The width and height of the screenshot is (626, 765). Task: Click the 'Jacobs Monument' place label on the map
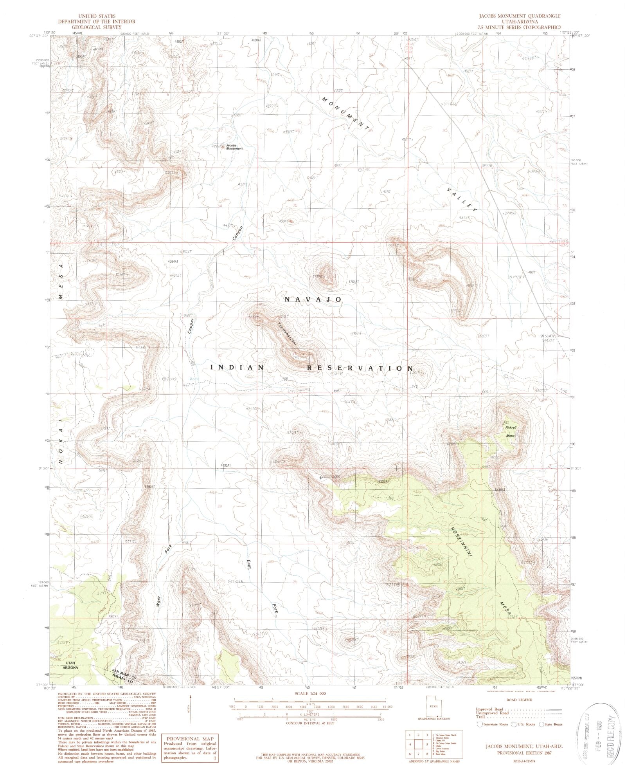coord(234,147)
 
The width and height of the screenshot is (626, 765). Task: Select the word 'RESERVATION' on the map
coord(360,368)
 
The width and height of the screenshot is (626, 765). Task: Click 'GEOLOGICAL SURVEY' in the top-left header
coord(96,27)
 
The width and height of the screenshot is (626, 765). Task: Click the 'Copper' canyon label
coord(191,326)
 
